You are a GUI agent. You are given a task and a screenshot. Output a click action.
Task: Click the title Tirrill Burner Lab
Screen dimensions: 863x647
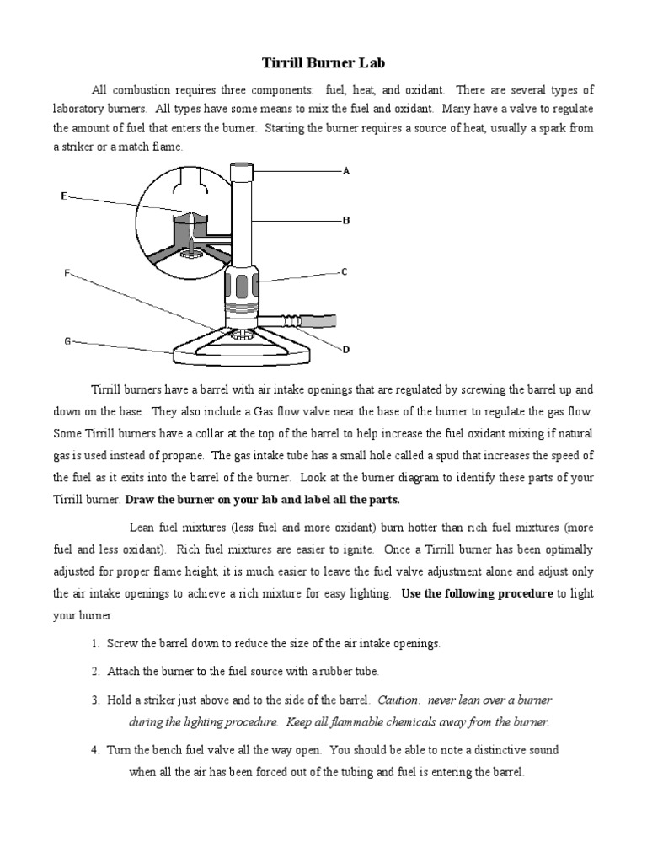323,63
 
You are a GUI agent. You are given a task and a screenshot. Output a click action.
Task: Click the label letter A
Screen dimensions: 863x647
345,170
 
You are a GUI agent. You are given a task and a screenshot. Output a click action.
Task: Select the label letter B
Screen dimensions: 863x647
345,220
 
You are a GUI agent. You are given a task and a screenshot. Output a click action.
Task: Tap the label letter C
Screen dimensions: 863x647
345,271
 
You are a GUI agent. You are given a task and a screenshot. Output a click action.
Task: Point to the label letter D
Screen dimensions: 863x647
345,349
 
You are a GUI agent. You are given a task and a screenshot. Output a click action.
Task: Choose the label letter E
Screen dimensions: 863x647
64,196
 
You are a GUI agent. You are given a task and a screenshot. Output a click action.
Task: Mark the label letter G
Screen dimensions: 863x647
67,341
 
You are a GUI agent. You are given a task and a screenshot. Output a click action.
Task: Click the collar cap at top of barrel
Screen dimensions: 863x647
242,172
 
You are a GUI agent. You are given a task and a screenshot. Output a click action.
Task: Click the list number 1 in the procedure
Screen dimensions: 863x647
95,644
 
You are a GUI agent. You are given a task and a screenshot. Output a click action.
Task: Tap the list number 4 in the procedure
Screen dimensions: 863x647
95,750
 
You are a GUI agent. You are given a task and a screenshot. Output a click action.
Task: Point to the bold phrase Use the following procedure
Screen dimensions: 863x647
477,593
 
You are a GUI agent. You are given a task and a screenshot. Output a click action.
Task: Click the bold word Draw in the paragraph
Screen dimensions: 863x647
140,499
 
